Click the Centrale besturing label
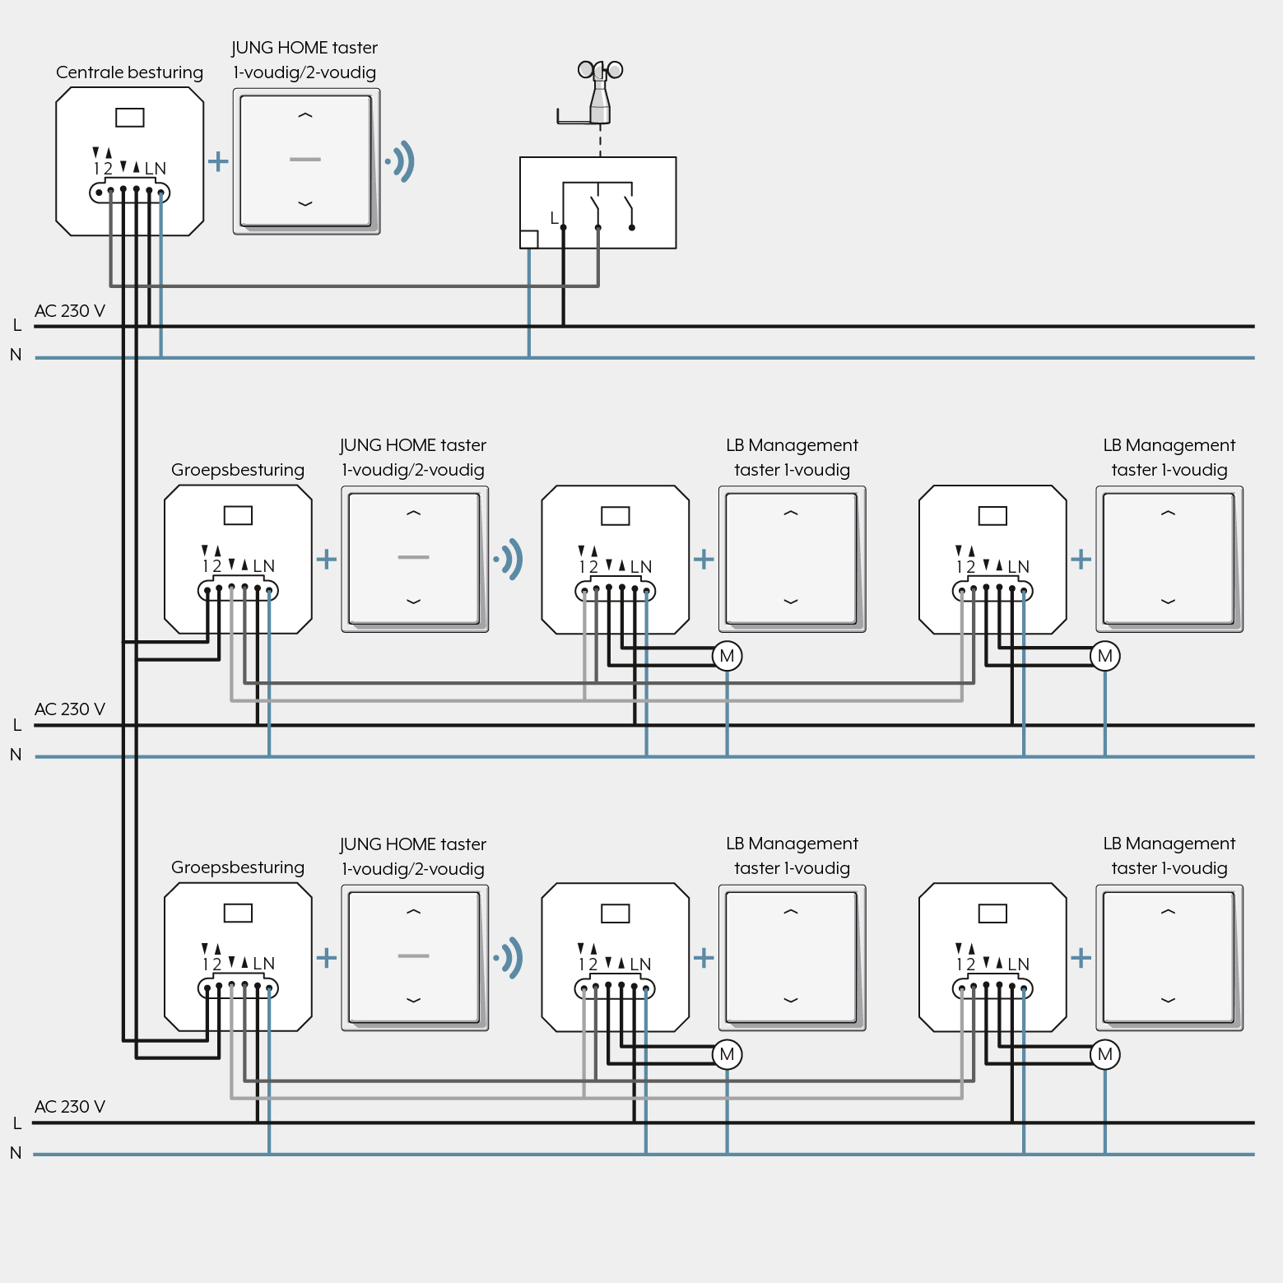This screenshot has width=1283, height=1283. point(129,72)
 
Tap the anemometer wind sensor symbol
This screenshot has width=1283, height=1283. point(599,91)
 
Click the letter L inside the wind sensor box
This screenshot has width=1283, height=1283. point(554,218)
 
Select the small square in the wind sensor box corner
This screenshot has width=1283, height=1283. point(529,239)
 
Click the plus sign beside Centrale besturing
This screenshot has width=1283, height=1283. point(218,160)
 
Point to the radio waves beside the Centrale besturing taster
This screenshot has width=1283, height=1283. point(401,161)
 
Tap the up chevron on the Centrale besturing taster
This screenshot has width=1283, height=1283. point(305,116)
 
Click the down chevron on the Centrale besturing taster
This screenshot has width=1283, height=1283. point(305,203)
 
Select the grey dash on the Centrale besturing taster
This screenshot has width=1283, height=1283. point(305,159)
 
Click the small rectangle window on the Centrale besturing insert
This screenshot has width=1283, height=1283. point(130,118)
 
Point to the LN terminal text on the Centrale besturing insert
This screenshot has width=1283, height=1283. point(156,169)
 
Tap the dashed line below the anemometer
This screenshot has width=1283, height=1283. point(600,141)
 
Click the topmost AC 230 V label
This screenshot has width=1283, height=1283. point(70,311)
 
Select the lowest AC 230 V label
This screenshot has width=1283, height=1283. point(70,1107)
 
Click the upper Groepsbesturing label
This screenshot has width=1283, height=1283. point(238,470)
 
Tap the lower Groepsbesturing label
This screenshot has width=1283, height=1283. point(238,867)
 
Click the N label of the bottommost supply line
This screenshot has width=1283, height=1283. point(16,1153)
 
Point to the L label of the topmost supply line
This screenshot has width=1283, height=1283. point(17,325)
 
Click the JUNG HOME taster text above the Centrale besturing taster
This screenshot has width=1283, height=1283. point(304,48)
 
